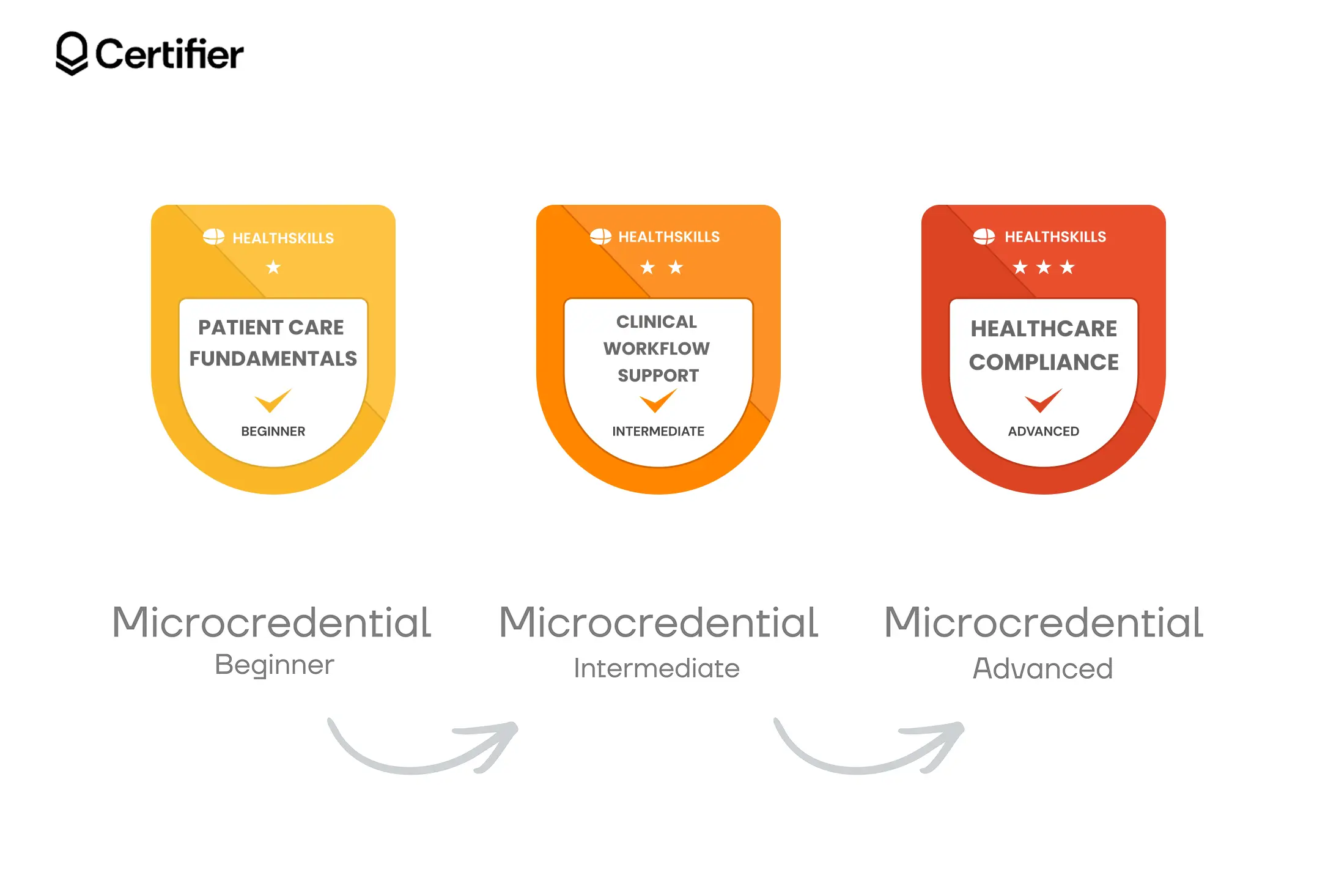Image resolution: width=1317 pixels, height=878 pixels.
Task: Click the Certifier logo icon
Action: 72,54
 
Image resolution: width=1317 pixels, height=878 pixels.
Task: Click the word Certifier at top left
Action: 169,54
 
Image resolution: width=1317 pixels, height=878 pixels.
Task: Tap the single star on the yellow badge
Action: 273,267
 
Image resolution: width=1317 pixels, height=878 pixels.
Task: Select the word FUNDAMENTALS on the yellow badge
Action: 273,359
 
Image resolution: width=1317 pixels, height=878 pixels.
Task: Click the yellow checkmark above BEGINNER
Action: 273,401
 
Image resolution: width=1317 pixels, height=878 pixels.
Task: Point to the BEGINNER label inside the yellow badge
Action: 273,432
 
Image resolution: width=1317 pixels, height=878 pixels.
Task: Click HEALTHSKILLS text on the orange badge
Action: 669,237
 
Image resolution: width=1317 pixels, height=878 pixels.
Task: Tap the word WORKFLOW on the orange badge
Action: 657,349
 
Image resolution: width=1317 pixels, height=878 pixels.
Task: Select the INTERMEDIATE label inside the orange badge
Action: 658,432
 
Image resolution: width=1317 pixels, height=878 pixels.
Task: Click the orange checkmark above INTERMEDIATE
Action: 658,401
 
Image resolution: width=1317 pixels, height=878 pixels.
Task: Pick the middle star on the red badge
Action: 1044,267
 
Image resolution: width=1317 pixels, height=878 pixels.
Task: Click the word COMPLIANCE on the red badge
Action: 1044,363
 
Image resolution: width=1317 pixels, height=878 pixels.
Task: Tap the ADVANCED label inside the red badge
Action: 1044,432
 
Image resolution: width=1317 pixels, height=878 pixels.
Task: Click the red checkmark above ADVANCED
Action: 1043,401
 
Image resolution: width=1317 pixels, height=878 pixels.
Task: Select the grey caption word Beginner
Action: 275,665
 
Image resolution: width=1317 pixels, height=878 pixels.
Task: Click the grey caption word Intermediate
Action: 657,668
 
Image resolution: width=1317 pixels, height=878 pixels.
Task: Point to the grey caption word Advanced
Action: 1043,668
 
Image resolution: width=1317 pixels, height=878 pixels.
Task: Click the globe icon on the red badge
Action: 984,237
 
